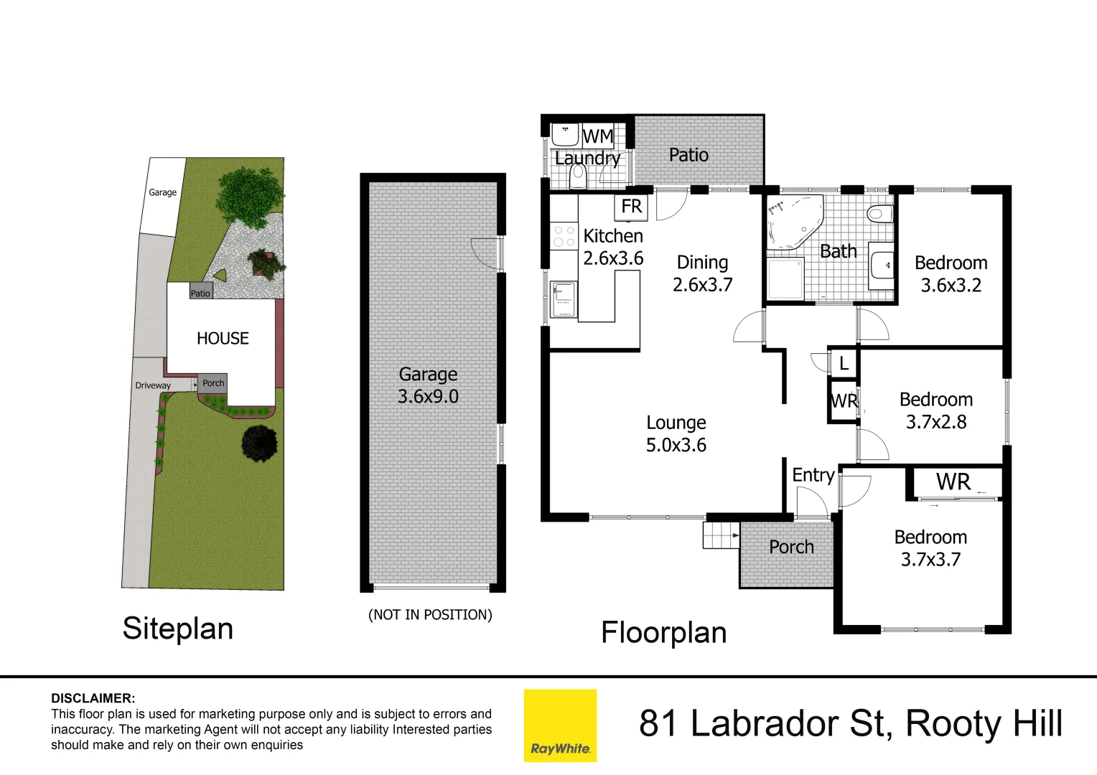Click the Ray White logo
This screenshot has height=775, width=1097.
click(560, 725)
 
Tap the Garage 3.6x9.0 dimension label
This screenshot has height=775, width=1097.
click(428, 385)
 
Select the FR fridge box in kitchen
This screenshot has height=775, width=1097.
click(631, 207)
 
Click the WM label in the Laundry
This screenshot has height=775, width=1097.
click(597, 136)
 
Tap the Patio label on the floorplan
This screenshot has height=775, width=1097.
click(688, 155)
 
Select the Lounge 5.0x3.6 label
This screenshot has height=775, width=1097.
click(676, 433)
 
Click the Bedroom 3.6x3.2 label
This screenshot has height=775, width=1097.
click(951, 274)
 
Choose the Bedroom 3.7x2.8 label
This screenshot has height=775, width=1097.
click(935, 410)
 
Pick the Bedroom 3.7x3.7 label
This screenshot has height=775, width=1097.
click(930, 548)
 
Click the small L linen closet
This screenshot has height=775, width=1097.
click(844, 363)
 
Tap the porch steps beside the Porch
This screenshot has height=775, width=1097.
click(720, 535)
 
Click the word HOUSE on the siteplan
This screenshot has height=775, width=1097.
click(223, 339)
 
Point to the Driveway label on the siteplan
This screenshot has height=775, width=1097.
click(153, 385)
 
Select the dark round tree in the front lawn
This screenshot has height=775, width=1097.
click(259, 442)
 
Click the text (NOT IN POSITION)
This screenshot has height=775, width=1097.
click(430, 615)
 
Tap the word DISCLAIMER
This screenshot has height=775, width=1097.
click(93, 698)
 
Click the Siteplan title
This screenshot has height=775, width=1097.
click(177, 629)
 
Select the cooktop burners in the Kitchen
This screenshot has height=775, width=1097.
click(564, 237)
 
